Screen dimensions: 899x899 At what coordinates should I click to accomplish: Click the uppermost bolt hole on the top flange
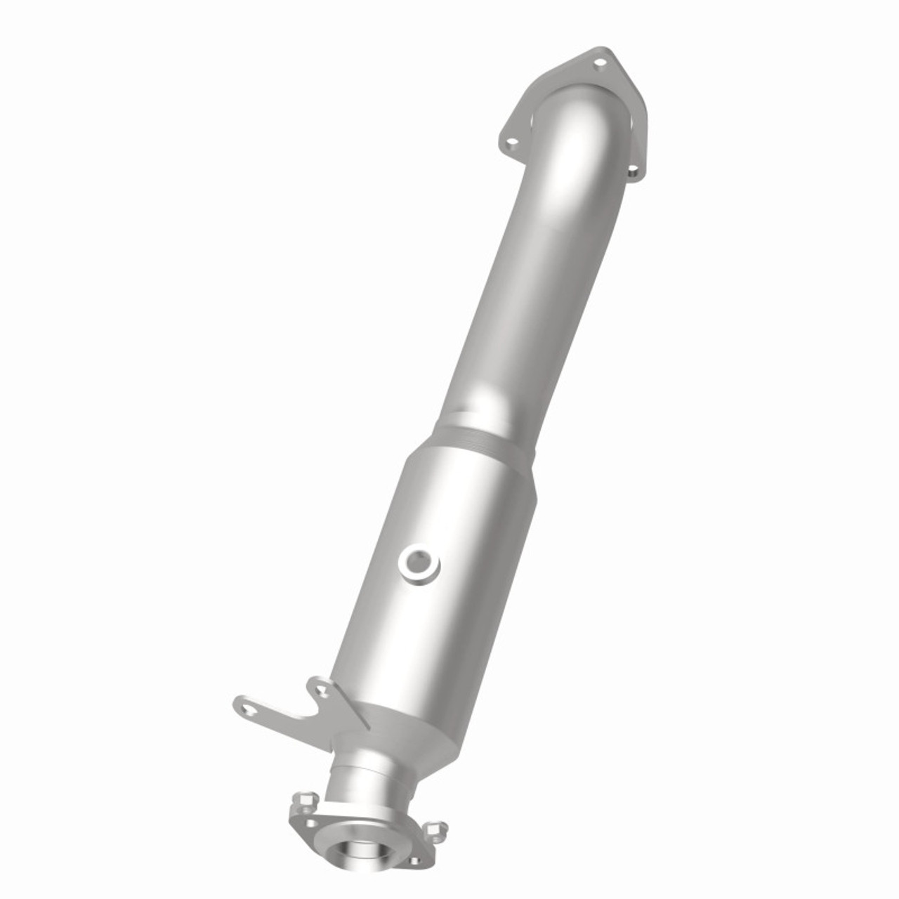click(599, 63)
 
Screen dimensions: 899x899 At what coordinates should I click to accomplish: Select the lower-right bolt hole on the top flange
click(631, 169)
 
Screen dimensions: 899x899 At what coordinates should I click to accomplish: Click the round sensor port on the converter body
click(420, 562)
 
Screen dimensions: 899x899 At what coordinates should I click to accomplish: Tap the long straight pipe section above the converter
click(534, 281)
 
